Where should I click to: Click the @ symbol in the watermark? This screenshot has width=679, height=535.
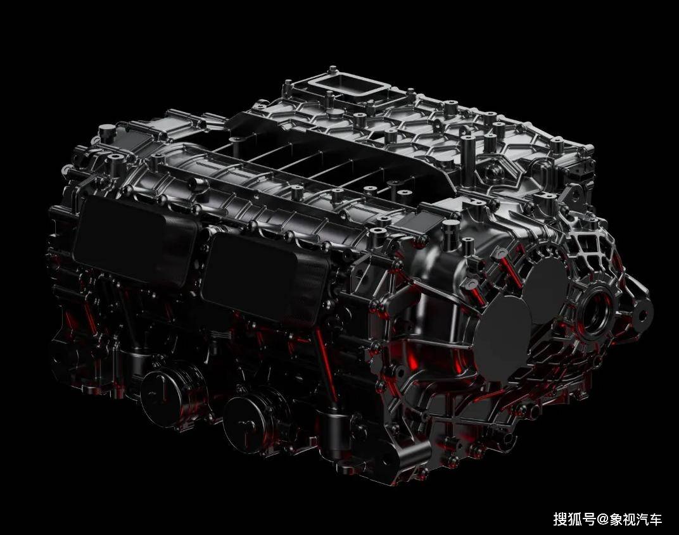603,519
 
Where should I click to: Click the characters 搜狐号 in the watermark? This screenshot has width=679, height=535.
574,519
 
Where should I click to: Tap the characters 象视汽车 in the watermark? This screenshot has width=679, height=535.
636,519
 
